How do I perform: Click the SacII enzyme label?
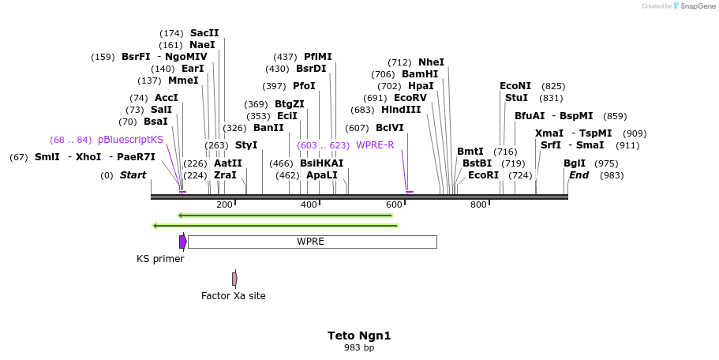204,33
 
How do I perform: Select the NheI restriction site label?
431,62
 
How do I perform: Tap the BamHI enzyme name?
420,74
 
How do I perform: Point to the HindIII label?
401,110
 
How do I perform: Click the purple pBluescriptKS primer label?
130,140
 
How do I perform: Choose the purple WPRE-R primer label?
375,145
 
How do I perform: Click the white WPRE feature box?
312,242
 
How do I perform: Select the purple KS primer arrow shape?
183,242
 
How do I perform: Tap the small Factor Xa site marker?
234,279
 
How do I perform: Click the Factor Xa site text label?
234,296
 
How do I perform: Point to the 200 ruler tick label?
224,204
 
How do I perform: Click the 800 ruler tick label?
478,204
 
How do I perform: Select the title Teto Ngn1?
359,336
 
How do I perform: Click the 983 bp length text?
359,347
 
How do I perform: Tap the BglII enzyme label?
575,163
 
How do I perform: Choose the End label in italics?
579,175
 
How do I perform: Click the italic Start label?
133,175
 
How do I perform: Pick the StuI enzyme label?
516,98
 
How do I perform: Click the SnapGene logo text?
695,6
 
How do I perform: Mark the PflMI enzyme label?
318,57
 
